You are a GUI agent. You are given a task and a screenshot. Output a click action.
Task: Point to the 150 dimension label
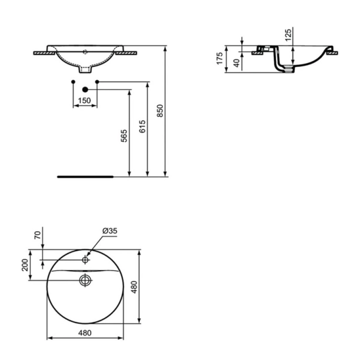tap(85, 101)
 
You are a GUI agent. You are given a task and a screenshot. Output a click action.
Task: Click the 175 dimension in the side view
tap(219, 59)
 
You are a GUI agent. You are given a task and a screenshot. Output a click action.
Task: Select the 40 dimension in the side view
tap(236, 63)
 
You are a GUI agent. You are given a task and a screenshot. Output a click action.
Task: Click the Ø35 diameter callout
tap(110, 232)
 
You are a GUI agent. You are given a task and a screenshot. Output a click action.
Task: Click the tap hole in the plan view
tap(85, 259)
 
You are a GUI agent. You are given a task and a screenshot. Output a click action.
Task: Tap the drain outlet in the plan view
tap(85, 280)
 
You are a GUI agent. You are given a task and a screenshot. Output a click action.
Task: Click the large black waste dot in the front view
tap(85, 89)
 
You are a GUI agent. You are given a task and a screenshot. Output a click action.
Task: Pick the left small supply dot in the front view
tap(72, 81)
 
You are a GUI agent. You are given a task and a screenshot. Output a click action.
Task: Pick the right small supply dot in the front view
tap(97, 81)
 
